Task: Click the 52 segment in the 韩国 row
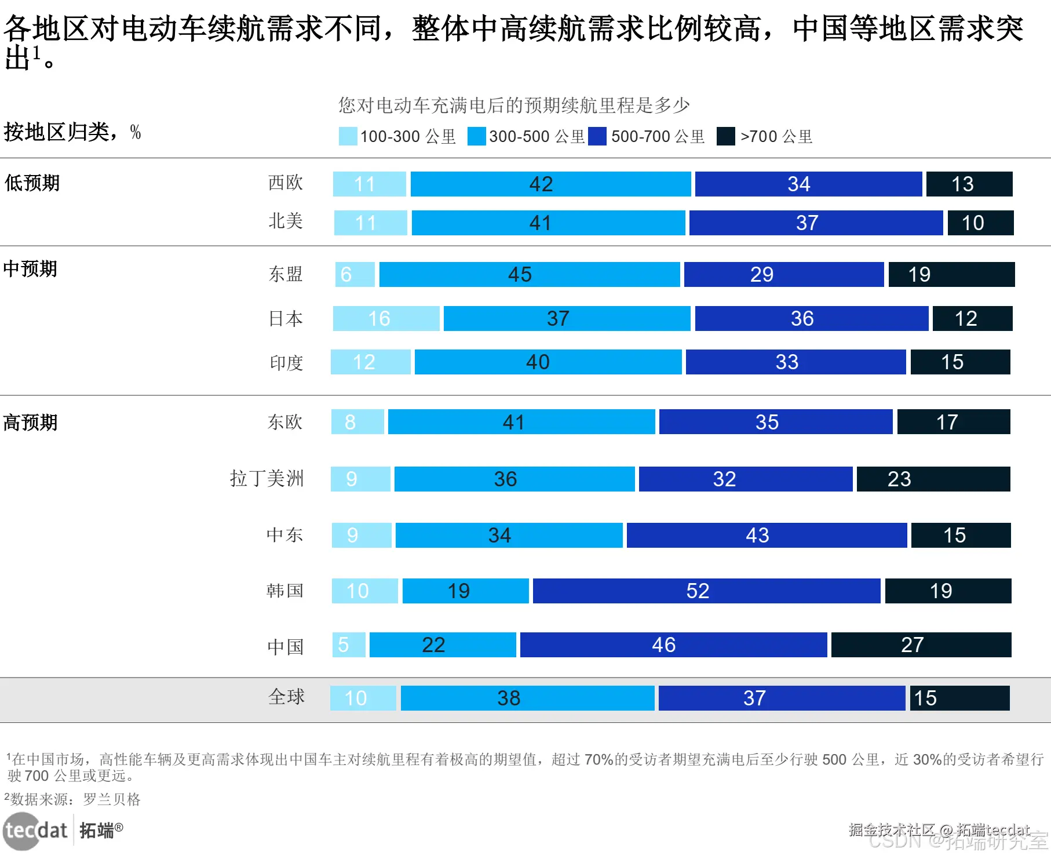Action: click(x=706, y=591)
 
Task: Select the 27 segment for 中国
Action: click(x=921, y=645)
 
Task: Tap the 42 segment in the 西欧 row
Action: click(x=550, y=184)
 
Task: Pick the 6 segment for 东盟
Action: click(x=355, y=274)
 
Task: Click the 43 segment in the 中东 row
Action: click(x=767, y=535)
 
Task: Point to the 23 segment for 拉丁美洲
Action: click(x=933, y=479)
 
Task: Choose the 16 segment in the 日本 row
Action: click(x=386, y=318)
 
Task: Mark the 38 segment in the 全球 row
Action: click(x=527, y=698)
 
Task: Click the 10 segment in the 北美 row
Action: click(x=980, y=223)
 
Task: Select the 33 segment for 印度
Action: click(x=795, y=362)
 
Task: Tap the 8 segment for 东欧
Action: click(x=357, y=422)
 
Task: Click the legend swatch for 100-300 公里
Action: click(x=348, y=136)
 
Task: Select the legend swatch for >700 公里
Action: click(x=725, y=136)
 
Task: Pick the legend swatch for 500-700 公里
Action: click(x=597, y=136)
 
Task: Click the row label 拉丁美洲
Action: click(x=267, y=479)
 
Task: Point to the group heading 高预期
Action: click(x=31, y=423)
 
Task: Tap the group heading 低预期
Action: click(x=32, y=183)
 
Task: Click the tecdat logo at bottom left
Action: click(x=36, y=831)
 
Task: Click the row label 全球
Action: click(x=286, y=697)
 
